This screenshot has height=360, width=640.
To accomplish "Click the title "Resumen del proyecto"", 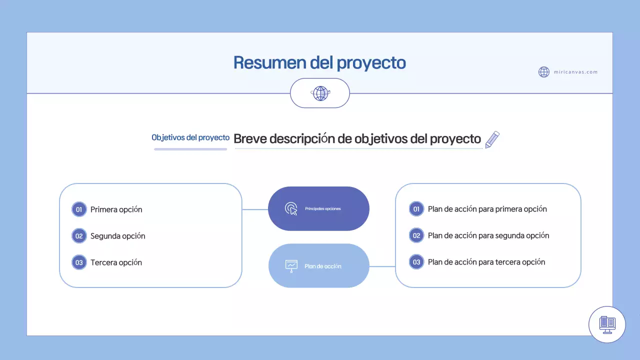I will tap(319, 63).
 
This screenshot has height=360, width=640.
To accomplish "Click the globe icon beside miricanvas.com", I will tap(544, 72).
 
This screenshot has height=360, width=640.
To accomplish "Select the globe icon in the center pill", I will tap(320, 93).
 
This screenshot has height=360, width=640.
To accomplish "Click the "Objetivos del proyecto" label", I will tap(190, 137).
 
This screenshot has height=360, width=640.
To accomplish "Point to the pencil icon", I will tap(492, 139).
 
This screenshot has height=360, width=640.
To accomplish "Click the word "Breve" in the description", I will tap(250, 139).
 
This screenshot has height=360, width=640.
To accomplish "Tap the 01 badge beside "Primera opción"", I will tap(79, 209).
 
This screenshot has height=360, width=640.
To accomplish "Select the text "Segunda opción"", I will tap(117, 236).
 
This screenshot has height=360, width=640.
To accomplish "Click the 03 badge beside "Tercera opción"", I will tap(79, 262).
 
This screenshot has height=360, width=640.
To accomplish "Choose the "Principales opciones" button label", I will tap(322, 208).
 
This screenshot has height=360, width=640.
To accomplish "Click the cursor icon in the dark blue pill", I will tap(291, 208).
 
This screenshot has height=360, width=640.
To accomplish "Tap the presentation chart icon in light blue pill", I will tap(291, 265).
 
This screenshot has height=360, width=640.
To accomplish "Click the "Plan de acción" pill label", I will tap(322, 266).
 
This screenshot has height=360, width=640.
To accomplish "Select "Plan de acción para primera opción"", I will tap(487, 209).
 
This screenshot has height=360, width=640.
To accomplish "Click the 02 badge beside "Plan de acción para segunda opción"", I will tap(416, 235).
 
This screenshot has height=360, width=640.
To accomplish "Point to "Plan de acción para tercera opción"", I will tap(486, 262).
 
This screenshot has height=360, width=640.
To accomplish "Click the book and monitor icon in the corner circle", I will tap(607, 324).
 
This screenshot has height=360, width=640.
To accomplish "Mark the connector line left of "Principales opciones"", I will tap(255, 209).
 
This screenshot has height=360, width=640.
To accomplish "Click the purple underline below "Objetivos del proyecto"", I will tap(190, 148).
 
